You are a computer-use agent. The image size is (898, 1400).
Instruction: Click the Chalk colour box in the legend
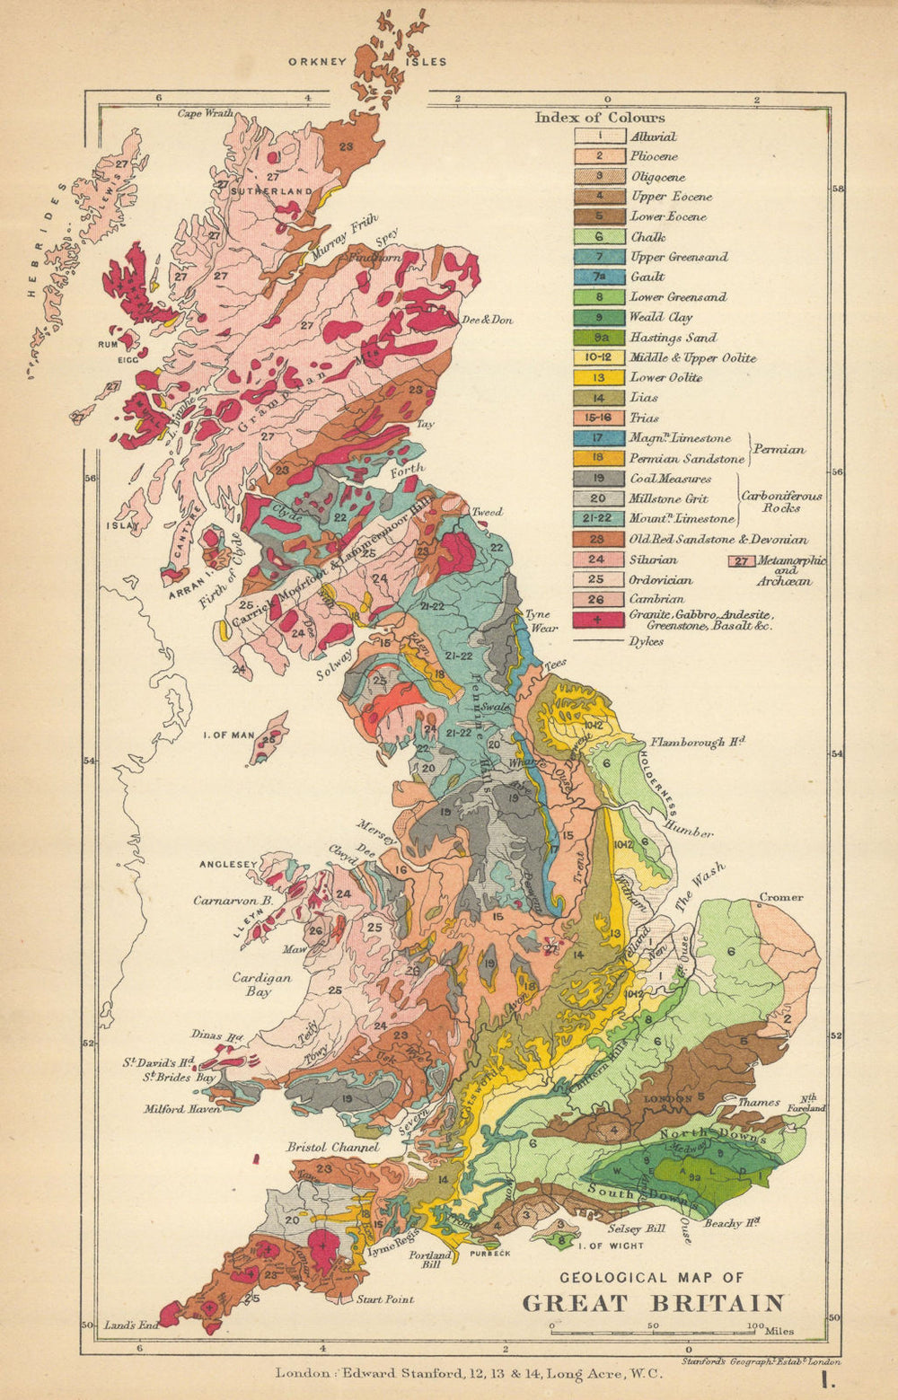point(599,237)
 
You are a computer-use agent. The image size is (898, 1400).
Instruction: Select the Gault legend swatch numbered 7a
point(599,277)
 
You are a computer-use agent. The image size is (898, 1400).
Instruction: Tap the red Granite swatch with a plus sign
point(599,619)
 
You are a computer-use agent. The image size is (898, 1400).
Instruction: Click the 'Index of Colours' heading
point(600,118)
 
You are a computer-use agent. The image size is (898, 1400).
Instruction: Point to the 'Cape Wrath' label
point(206,113)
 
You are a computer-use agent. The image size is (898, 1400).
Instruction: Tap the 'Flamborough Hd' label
point(699,743)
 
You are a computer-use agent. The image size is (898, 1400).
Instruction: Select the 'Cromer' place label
point(780,897)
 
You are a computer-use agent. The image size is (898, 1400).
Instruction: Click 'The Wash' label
point(700,887)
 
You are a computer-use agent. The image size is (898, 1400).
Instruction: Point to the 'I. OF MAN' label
point(229,735)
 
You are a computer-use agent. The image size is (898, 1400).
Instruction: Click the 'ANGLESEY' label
point(228,864)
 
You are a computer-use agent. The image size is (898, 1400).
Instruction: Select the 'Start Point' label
point(385,1299)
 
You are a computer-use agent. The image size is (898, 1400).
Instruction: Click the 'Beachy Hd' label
point(733,1223)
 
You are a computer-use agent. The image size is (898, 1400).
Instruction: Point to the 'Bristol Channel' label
point(332,1147)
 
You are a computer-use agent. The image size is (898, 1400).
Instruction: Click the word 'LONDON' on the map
point(665,1098)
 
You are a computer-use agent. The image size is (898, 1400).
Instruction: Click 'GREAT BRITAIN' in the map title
point(653,1303)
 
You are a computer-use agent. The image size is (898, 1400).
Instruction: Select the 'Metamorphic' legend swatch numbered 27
point(740,562)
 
